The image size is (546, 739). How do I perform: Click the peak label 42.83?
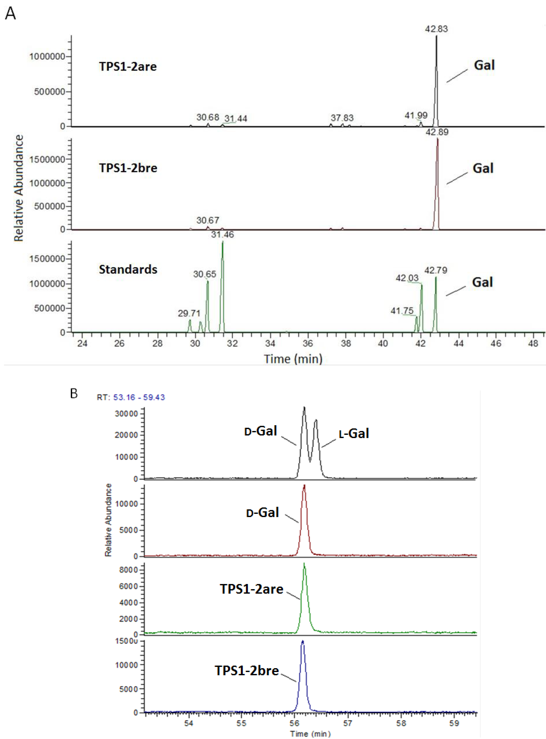(436, 29)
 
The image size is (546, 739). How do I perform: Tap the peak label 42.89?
(437, 132)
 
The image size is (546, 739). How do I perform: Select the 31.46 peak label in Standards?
(222, 235)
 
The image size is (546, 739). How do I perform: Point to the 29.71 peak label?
(189, 313)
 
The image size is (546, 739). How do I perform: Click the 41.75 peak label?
(402, 311)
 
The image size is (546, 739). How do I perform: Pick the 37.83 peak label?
(342, 118)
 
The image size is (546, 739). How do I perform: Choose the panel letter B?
(74, 393)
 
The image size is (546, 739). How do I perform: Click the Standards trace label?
(128, 270)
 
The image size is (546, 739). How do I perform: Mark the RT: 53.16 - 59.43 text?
(131, 397)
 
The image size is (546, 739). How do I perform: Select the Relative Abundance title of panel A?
(19, 188)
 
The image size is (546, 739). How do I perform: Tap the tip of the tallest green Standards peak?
(222, 242)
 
